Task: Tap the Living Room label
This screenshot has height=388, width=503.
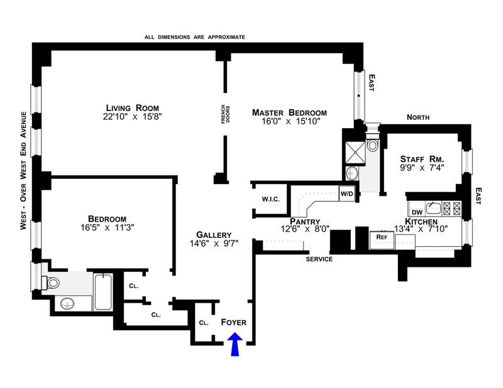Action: click(x=132, y=107)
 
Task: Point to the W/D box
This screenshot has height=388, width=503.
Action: click(x=347, y=194)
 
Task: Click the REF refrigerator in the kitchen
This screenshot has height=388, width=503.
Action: click(x=381, y=237)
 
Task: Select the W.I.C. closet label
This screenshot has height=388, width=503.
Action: click(x=270, y=200)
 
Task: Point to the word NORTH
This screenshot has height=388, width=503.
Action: click(x=419, y=117)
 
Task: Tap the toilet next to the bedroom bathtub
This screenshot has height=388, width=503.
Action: click(x=51, y=281)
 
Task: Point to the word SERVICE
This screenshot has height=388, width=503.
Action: click(x=319, y=259)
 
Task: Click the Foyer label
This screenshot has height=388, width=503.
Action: click(x=234, y=323)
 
